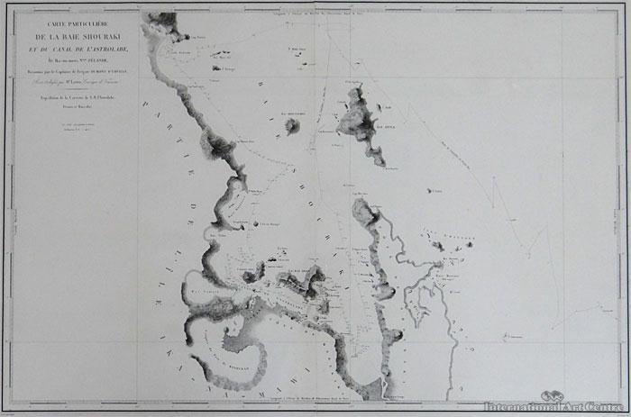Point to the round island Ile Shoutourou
(x=293, y=126)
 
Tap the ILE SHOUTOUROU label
(x=292, y=114)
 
